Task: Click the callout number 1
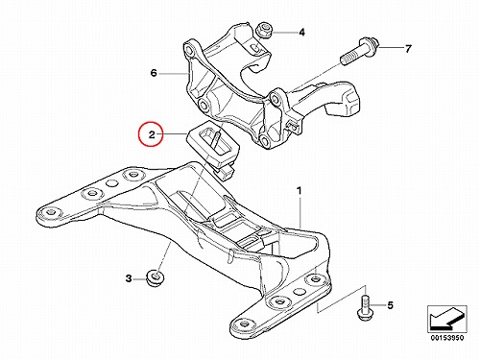pyautogui.click(x=299, y=191)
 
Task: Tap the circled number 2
pyautogui.click(x=152, y=134)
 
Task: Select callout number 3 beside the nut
pyautogui.click(x=129, y=278)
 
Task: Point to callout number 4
pyautogui.click(x=301, y=33)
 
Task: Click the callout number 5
pyautogui.click(x=390, y=305)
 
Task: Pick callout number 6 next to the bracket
pyautogui.click(x=154, y=73)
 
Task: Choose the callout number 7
pyautogui.click(x=408, y=49)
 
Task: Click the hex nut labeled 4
pyautogui.click(x=264, y=30)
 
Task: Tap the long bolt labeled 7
pyautogui.click(x=359, y=51)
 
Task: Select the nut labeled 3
pyautogui.click(x=155, y=278)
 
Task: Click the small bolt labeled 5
pyautogui.click(x=364, y=307)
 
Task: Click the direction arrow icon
pyautogui.click(x=447, y=319)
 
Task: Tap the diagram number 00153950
pyautogui.click(x=447, y=338)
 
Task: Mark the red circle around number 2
pyautogui.click(x=151, y=134)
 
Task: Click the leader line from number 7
pyautogui.click(x=392, y=48)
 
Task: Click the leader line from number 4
pyautogui.click(x=283, y=33)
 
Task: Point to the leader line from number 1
pyautogui.click(x=300, y=213)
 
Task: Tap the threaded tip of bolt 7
pyautogui.click(x=344, y=60)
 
